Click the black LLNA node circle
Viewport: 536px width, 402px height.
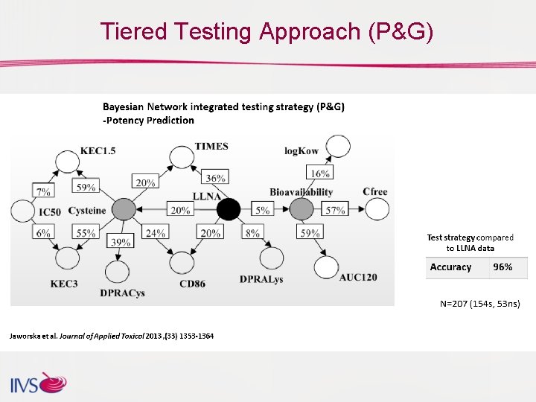229,210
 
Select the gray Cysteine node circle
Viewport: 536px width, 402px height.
124,210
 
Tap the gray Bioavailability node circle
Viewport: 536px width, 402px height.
301,210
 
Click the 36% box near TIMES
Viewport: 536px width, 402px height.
215,178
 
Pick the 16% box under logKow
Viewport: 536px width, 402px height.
319,173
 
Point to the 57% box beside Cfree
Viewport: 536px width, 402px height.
336,210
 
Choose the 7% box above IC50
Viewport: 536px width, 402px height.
43,191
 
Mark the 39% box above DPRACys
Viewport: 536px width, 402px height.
121,242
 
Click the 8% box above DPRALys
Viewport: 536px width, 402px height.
252,232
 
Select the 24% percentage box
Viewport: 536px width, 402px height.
155,232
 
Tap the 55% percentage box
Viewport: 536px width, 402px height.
86,232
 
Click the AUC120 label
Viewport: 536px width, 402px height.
357,277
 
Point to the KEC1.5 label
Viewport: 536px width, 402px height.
98,150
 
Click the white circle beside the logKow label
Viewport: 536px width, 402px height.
338,147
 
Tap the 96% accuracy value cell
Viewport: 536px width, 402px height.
503,267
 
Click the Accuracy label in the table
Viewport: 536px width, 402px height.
450,267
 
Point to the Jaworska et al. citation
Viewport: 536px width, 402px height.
112,336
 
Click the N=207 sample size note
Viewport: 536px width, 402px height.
480,303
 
